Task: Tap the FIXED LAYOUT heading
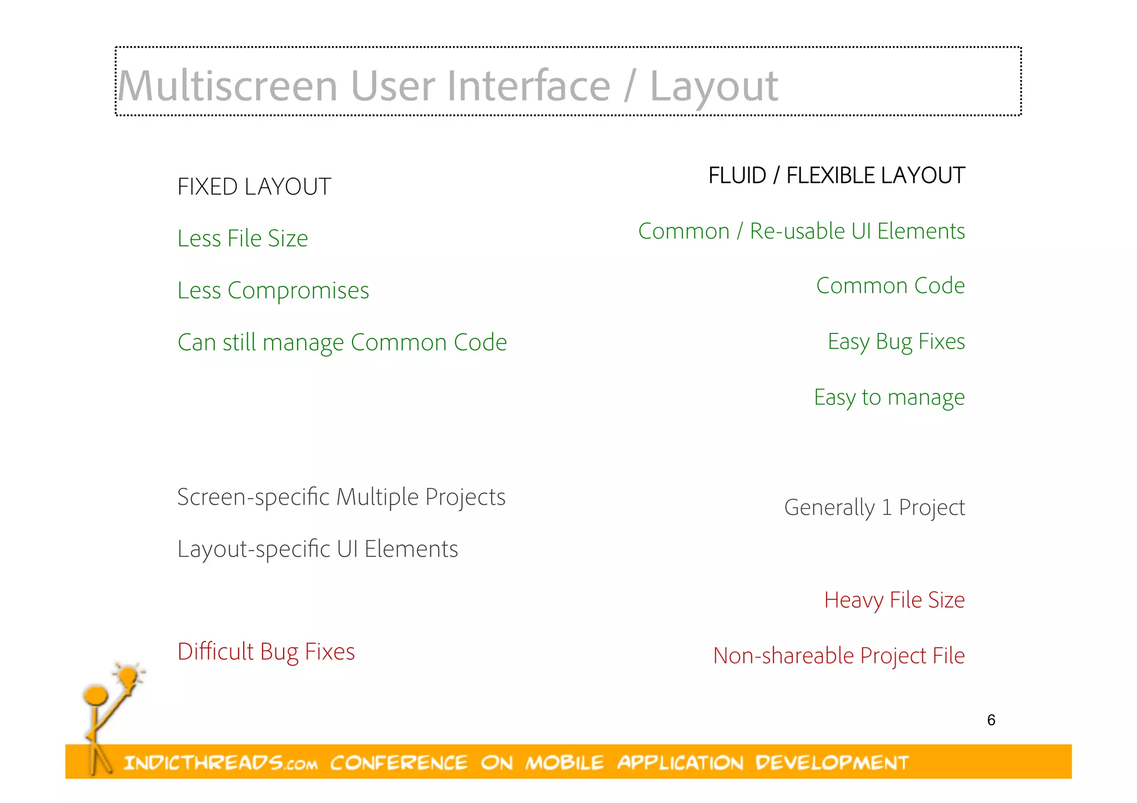click(254, 187)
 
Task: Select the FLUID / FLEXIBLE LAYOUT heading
click(836, 176)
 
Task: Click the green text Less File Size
click(243, 239)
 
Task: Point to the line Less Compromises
click(273, 291)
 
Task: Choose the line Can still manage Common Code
click(342, 342)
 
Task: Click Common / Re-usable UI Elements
click(801, 231)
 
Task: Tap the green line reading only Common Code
click(890, 286)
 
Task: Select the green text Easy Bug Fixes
click(896, 342)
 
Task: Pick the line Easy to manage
click(889, 397)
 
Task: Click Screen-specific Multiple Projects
click(341, 497)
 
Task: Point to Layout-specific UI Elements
click(318, 549)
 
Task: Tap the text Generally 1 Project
click(874, 508)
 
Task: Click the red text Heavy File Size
click(894, 600)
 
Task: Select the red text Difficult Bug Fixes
click(266, 652)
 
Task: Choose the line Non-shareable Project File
click(838, 656)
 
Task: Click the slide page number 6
click(991, 720)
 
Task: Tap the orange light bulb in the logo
click(128, 675)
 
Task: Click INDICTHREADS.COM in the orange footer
click(220, 763)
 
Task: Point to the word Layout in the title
click(714, 87)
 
